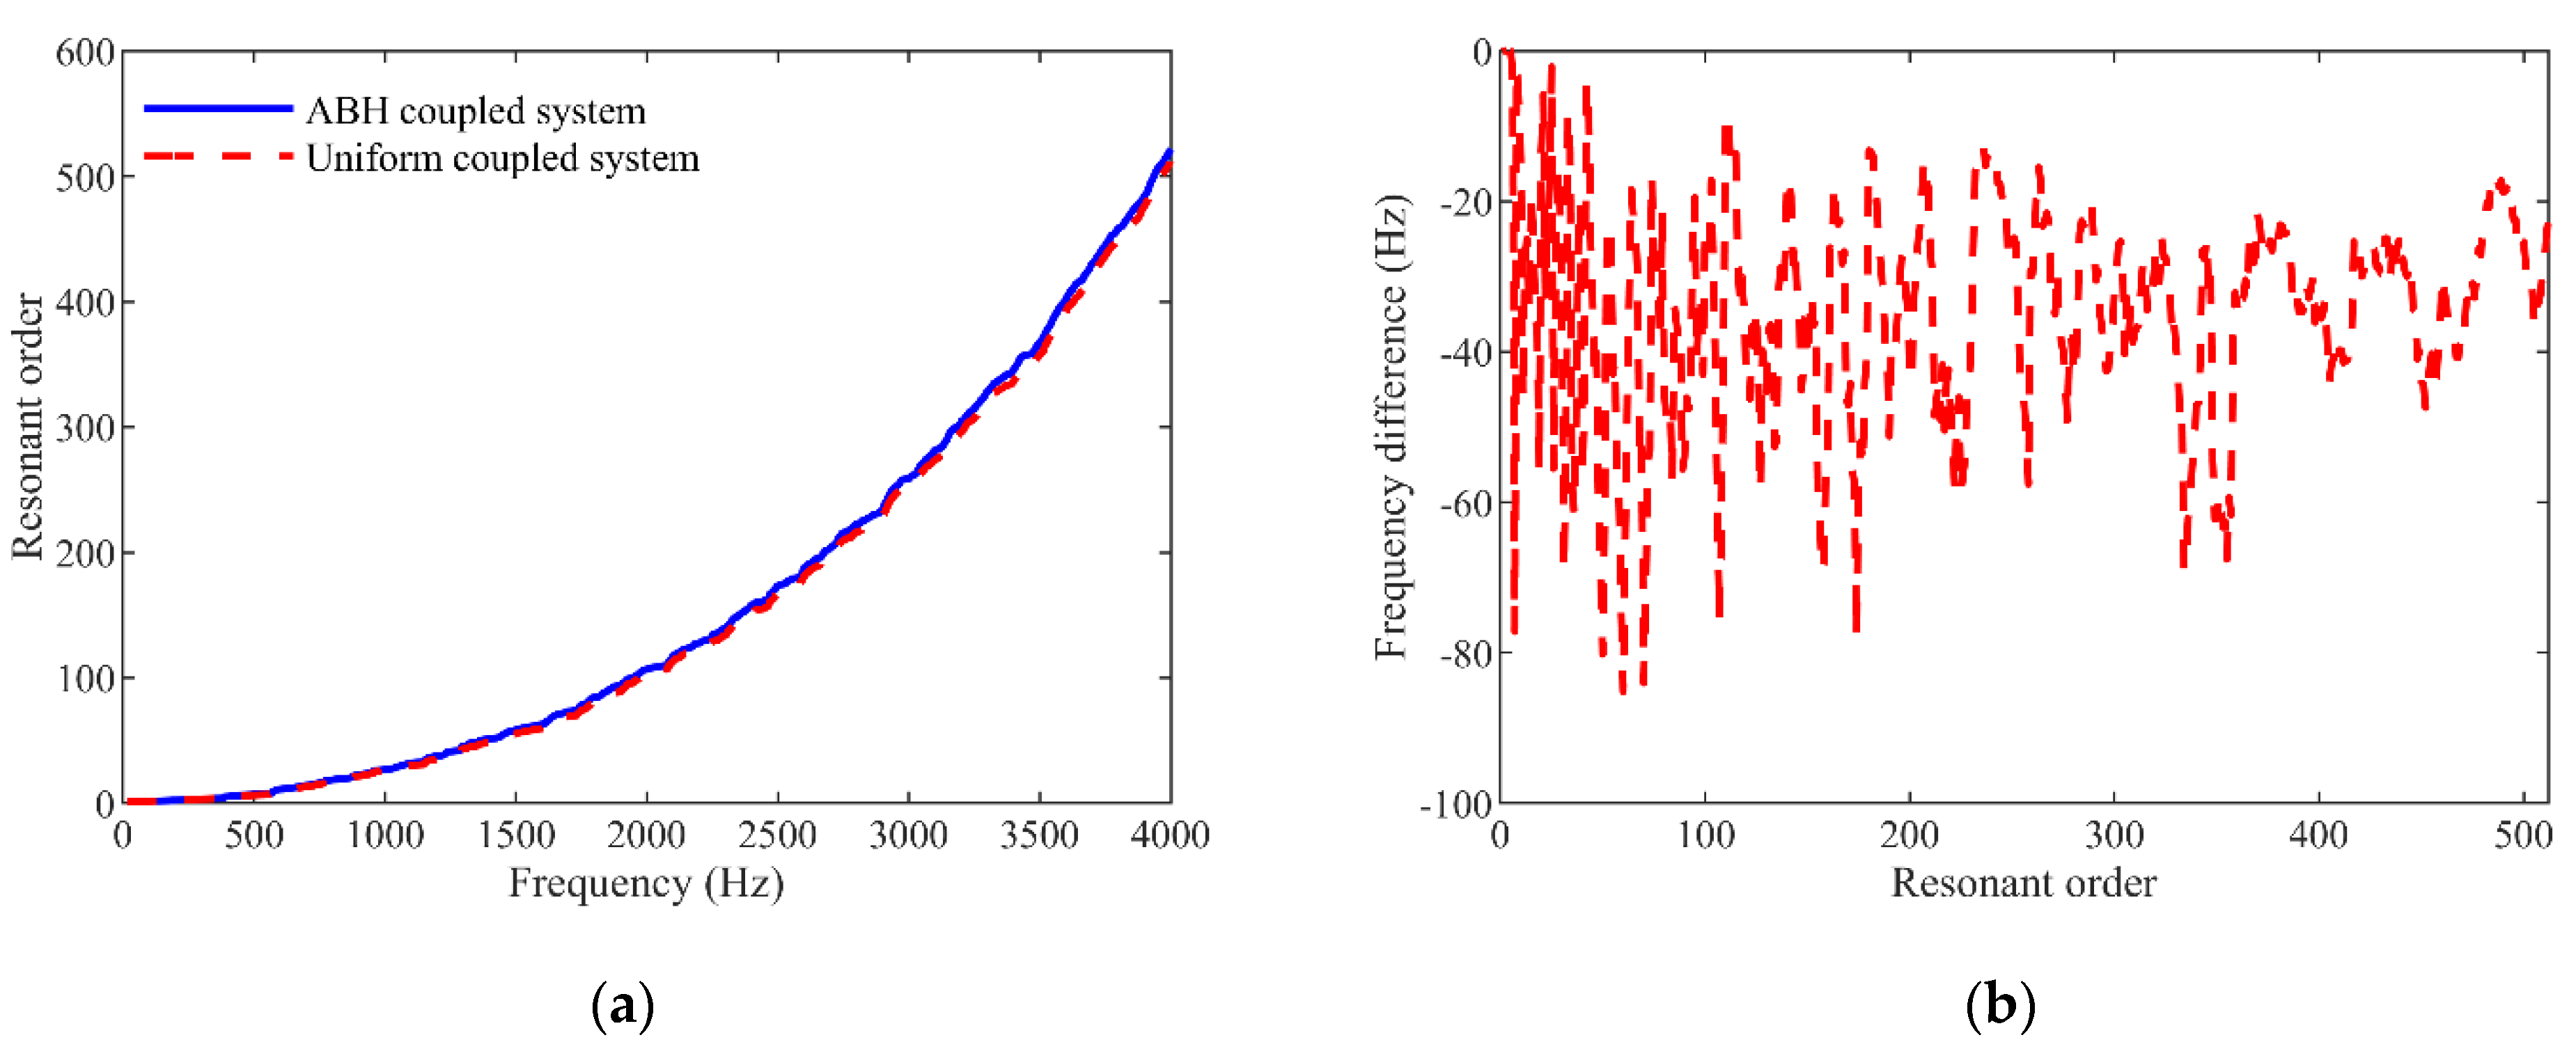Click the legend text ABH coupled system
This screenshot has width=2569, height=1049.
pyautogui.click(x=476, y=111)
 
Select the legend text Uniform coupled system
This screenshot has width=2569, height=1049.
pyautogui.click(x=503, y=159)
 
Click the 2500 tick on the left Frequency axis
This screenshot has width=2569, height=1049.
pyautogui.click(x=777, y=835)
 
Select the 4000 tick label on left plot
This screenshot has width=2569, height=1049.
pyautogui.click(x=1169, y=835)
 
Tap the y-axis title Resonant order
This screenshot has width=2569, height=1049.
pyautogui.click(x=28, y=427)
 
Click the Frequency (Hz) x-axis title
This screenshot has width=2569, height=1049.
pyautogui.click(x=646, y=883)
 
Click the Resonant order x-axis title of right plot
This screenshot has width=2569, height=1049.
pyautogui.click(x=2024, y=883)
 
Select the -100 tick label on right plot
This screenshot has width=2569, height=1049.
pyautogui.click(x=1456, y=805)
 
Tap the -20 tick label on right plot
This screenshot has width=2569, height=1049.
pyautogui.click(x=1464, y=203)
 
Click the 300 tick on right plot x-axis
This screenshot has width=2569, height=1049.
pyautogui.click(x=2114, y=835)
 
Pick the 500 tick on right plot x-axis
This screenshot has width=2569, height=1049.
pyautogui.click(x=2522, y=835)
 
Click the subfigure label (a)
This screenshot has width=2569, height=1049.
pyautogui.click(x=623, y=1005)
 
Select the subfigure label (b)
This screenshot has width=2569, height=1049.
pyautogui.click(x=1999, y=1005)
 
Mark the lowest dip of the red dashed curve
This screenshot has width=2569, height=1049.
pyautogui.click(x=1623, y=690)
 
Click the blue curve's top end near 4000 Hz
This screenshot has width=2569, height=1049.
pyautogui.click(x=1169, y=152)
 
